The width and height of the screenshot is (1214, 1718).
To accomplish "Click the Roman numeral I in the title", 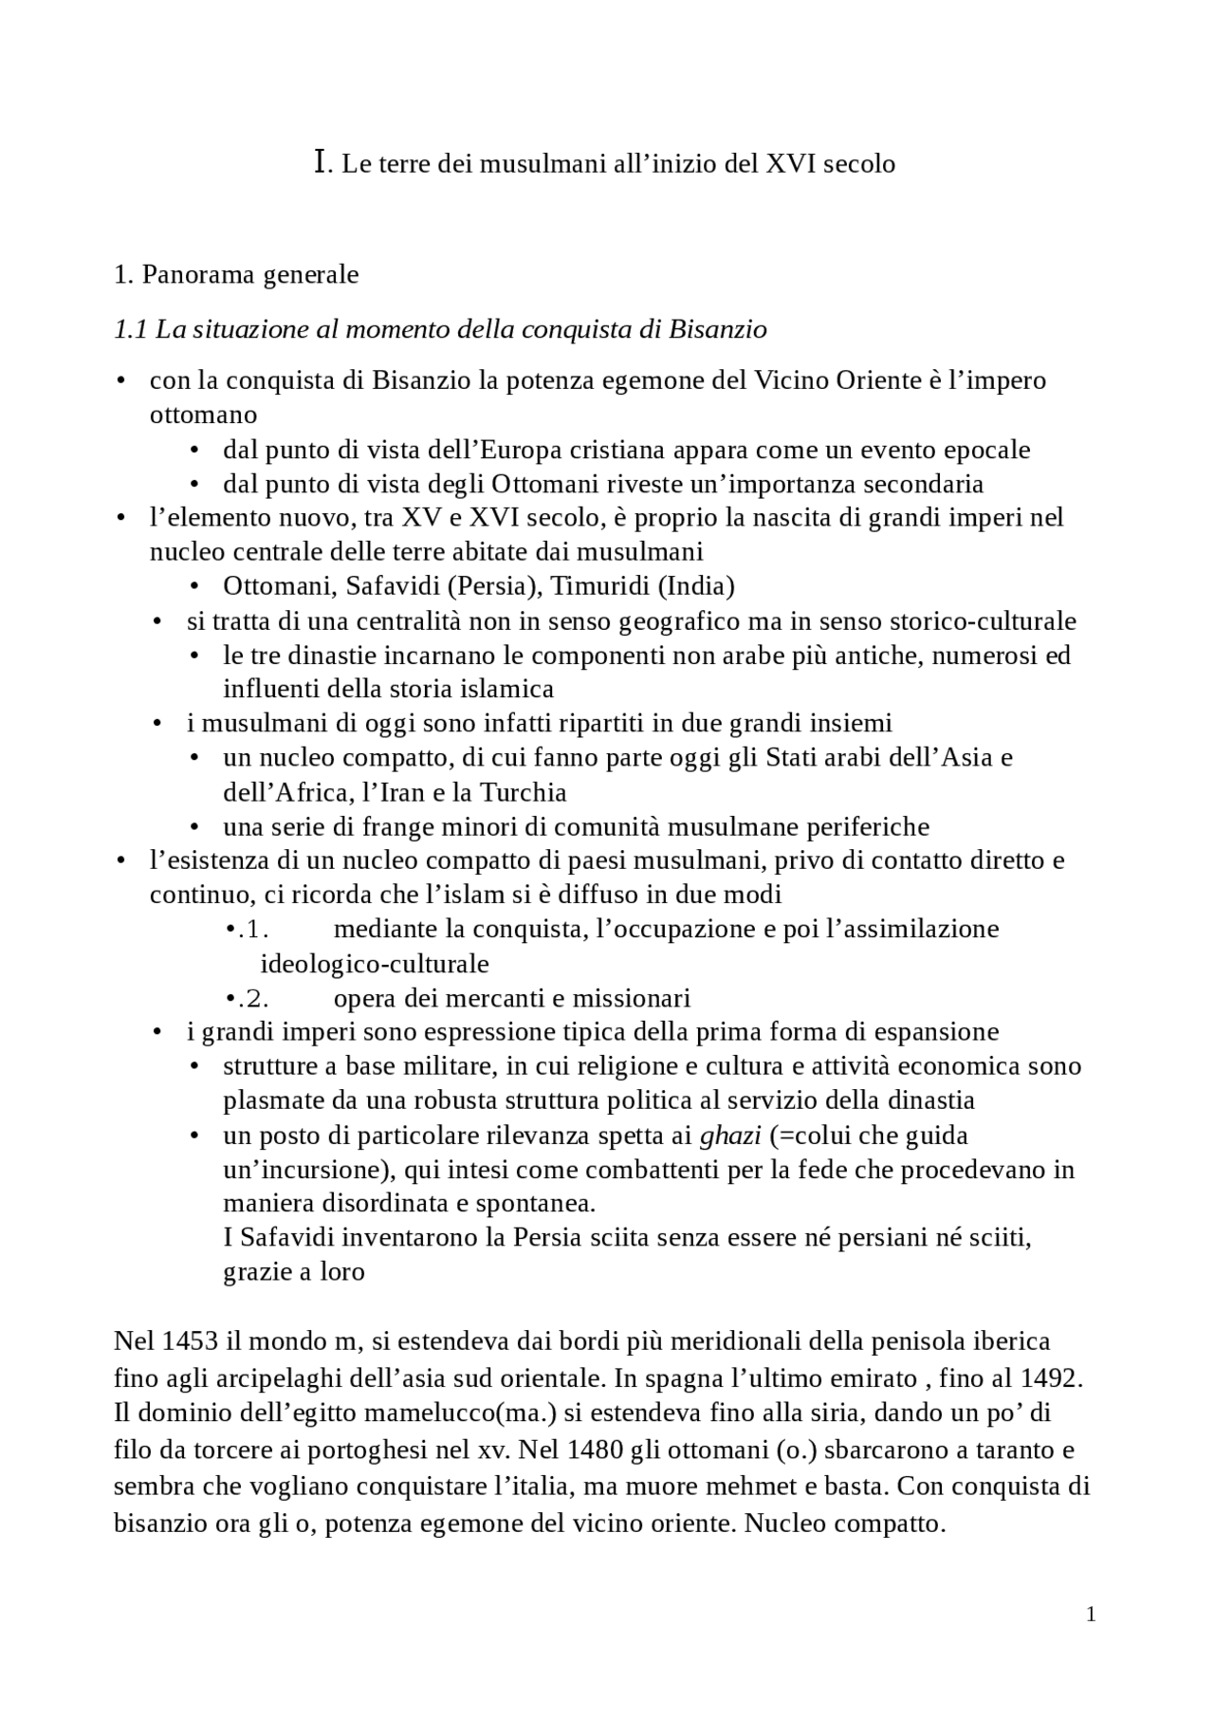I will pos(320,162).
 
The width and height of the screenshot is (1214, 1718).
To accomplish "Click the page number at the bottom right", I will pos(1091,1615).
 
